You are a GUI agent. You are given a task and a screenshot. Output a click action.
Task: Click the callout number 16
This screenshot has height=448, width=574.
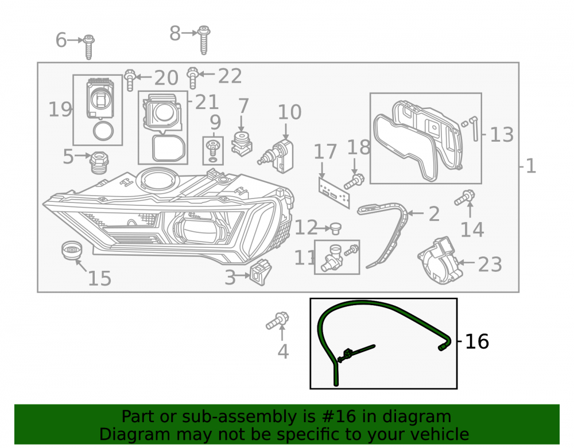[476, 341]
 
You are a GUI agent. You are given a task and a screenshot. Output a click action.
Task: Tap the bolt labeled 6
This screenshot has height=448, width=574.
[88, 47]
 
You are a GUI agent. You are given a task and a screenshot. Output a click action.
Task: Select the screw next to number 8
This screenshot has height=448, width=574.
[204, 40]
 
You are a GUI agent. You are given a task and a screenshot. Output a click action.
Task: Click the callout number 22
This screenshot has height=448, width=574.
[230, 76]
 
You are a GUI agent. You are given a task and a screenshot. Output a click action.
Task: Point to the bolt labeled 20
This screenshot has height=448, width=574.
[130, 79]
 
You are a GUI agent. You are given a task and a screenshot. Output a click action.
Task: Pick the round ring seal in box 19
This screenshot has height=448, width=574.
[103, 131]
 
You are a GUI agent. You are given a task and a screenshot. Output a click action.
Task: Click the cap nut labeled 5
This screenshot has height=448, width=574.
[99, 163]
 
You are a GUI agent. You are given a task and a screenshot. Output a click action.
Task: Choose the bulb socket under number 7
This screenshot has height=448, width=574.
[242, 144]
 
